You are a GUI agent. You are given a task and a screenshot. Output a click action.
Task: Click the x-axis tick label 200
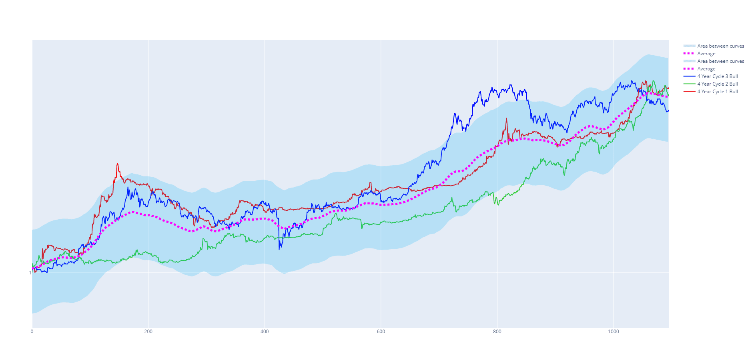(148, 332)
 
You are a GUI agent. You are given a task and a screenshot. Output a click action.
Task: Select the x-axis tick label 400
(265, 332)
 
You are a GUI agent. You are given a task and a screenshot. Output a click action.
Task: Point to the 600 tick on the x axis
(381, 332)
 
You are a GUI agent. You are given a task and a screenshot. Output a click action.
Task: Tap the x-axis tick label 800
(497, 332)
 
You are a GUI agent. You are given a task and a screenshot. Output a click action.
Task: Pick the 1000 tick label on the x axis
(613, 332)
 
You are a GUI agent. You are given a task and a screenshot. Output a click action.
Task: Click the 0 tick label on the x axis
(32, 332)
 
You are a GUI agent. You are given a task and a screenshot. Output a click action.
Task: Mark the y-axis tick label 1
(30, 273)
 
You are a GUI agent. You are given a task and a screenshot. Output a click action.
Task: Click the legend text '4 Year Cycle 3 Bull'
(717, 76)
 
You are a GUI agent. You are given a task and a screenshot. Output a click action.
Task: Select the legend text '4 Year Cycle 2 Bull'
(717, 84)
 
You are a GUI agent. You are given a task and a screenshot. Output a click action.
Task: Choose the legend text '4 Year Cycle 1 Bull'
(717, 92)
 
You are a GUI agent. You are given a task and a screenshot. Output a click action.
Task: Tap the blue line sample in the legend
(689, 76)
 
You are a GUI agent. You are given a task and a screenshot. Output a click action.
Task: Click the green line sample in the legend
(689, 84)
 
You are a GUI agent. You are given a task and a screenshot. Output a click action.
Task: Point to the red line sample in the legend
(689, 92)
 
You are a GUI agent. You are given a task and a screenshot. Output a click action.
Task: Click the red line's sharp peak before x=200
(117, 163)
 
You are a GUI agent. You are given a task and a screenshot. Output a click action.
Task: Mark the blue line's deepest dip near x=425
(279, 250)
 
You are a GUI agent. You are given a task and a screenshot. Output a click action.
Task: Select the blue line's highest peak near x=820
(511, 85)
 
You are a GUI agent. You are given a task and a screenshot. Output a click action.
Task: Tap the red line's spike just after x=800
(506, 118)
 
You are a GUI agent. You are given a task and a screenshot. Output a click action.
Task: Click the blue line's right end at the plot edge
(668, 111)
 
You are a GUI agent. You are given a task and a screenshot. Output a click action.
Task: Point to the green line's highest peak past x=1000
(653, 81)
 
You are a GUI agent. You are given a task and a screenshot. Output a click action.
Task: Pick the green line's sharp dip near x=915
(564, 175)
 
